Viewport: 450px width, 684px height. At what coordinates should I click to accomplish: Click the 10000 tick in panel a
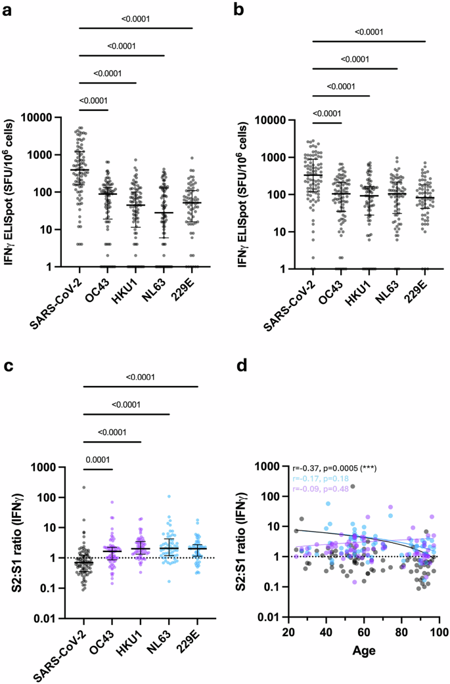coord(51,118)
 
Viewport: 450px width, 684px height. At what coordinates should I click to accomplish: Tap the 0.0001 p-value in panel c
coord(98,459)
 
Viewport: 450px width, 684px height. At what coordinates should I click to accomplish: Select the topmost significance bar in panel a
coord(136,28)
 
